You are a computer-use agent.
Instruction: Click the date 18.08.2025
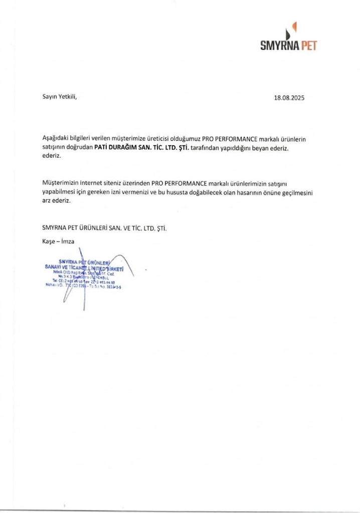[x=289, y=99]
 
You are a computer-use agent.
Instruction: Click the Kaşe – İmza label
[x=59, y=241]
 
